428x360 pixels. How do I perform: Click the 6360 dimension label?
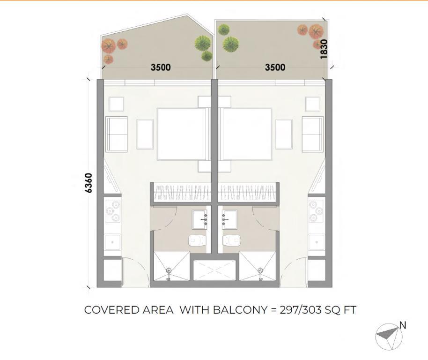88,183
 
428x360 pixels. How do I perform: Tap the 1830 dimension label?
324,49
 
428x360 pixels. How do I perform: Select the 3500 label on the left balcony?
161,67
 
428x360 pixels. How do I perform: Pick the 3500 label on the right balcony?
275,67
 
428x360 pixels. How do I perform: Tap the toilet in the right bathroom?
231,240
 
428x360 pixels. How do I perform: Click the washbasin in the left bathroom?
199,219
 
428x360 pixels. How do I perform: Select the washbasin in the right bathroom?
229,219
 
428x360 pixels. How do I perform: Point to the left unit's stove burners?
113,211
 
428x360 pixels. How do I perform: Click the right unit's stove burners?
317,211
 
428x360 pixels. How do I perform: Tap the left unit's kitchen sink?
112,242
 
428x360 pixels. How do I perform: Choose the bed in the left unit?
182,134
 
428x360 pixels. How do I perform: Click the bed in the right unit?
246,134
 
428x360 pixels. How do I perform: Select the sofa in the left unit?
117,134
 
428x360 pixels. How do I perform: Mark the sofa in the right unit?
312,134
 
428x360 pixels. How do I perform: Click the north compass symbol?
388,337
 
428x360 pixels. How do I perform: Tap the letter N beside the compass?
403,325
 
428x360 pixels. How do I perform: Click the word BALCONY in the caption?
240,310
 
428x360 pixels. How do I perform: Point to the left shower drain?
169,270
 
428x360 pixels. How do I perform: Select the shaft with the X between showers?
214,270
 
